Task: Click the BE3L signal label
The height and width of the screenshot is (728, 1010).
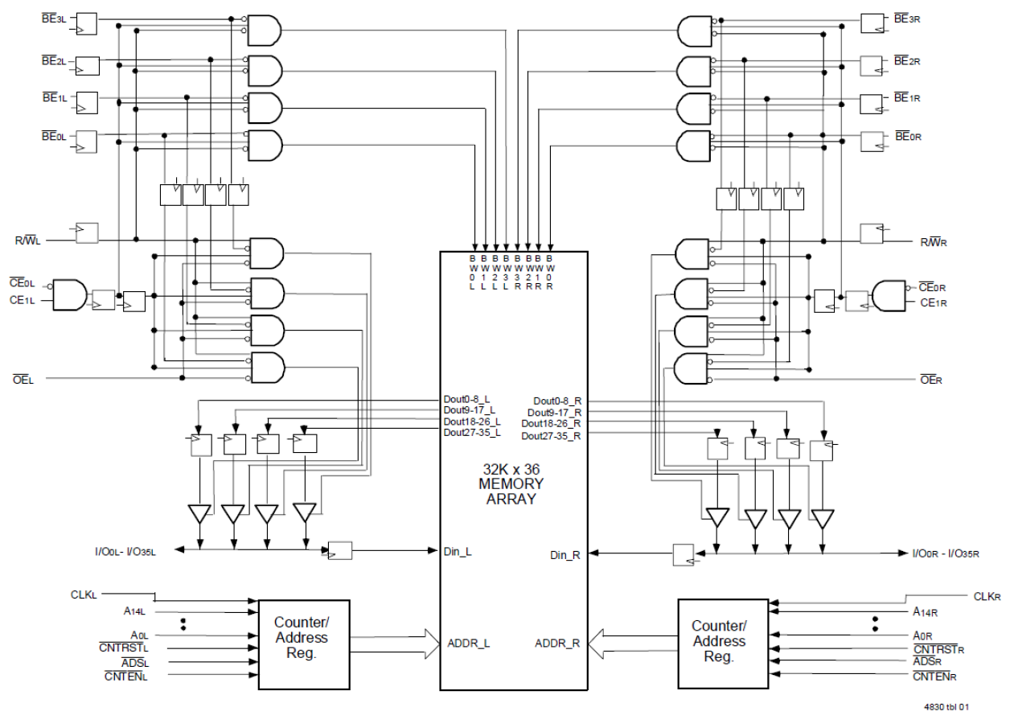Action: [52, 19]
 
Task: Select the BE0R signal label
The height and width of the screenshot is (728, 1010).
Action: [908, 138]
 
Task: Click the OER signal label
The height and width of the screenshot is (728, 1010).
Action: [930, 376]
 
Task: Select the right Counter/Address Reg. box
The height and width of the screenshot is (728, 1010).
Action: [718, 641]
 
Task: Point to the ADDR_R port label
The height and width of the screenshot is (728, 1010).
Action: [557, 644]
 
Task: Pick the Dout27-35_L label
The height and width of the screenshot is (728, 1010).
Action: [471, 433]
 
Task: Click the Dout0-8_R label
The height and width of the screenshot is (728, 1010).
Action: [556, 401]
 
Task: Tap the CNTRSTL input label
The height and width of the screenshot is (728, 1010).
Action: [126, 648]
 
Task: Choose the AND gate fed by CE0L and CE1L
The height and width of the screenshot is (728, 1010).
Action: [69, 294]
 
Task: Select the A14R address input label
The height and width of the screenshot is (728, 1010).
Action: [926, 611]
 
